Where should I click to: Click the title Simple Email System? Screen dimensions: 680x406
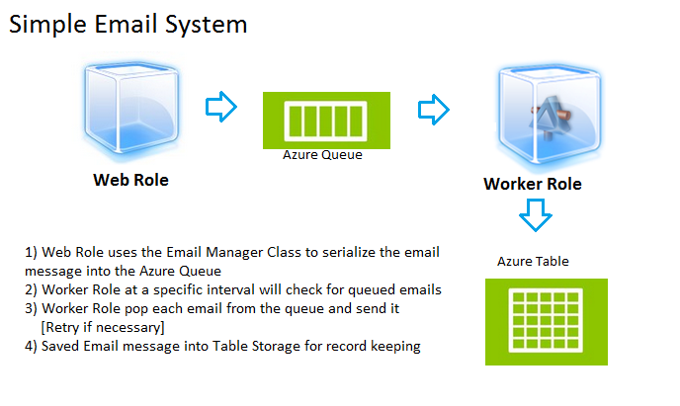[127, 25]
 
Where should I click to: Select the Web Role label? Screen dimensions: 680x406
[130, 180]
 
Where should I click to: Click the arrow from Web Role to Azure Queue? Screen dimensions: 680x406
[221, 107]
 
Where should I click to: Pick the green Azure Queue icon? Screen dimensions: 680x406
[326, 121]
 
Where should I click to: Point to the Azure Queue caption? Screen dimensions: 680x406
[322, 155]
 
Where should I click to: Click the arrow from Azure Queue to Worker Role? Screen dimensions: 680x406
[434, 110]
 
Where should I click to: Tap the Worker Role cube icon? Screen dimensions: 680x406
[549, 115]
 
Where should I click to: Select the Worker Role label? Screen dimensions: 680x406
[533, 184]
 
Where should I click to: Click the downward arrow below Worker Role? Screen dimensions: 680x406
[536, 215]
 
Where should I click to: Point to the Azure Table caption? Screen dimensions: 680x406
[533, 261]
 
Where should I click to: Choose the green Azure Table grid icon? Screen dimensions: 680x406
[547, 322]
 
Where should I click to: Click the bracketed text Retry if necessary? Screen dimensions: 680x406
[103, 327]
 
